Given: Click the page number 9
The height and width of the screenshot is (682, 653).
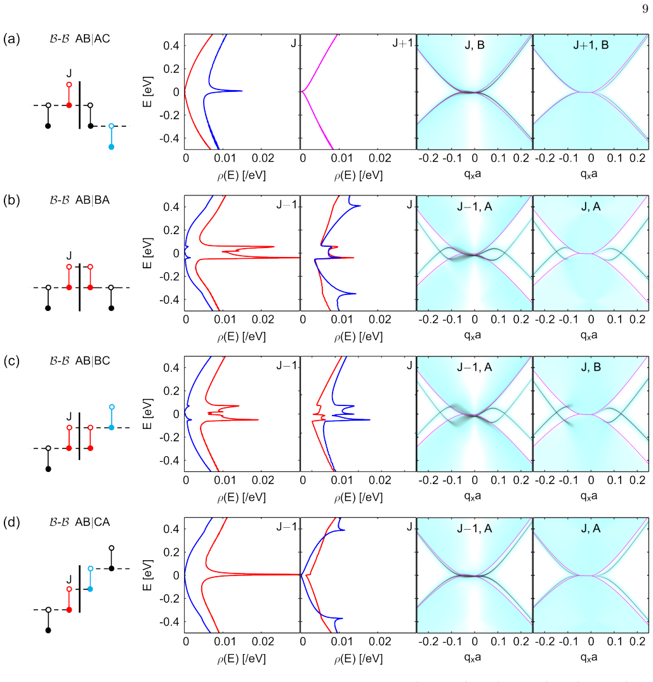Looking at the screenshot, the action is click(645, 9).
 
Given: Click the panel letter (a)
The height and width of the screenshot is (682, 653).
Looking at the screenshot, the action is click(11, 39).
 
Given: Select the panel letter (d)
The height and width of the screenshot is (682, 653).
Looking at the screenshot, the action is click(11, 522).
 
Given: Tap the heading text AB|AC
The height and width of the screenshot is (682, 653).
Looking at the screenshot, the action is click(93, 39).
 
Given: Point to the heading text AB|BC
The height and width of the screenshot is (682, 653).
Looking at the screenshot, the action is click(93, 361).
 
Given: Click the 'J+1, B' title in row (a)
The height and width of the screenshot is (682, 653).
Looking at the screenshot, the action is click(591, 45).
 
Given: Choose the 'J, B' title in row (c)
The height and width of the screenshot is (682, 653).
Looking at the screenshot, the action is click(591, 367).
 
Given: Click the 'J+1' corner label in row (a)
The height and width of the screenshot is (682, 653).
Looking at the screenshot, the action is click(403, 43).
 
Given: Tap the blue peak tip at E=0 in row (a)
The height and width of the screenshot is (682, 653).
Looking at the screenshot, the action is click(241, 91).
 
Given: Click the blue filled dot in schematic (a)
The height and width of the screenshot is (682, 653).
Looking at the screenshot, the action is click(111, 147).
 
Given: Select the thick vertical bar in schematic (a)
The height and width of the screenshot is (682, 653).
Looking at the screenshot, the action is click(79, 105).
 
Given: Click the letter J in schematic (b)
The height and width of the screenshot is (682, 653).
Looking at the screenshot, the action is click(69, 255).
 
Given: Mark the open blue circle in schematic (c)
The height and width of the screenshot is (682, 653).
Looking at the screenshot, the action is click(112, 407).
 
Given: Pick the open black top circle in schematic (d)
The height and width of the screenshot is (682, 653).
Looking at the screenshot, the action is click(112, 548).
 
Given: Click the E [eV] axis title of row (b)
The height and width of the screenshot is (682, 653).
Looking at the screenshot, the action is click(147, 253).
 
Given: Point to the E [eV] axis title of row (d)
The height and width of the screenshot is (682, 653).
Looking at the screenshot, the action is click(147, 575).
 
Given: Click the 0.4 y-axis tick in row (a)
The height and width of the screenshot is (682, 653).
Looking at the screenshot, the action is click(171, 46).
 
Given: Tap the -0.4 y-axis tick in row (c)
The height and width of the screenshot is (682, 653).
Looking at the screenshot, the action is click(169, 460).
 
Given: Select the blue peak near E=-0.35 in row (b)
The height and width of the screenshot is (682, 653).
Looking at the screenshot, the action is click(354, 294).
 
